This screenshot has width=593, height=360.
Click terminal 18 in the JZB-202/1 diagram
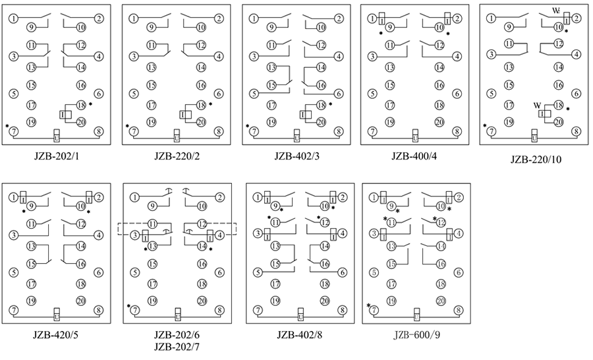click(x=81, y=105)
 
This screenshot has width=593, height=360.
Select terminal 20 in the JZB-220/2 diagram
click(x=202, y=121)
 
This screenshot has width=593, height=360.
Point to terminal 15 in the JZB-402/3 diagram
click(x=271, y=84)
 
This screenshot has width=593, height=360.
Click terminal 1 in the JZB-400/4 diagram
click(x=372, y=18)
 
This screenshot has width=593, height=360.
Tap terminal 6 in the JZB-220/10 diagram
click(x=576, y=94)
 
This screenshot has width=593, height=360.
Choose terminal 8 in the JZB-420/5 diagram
click(x=98, y=310)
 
